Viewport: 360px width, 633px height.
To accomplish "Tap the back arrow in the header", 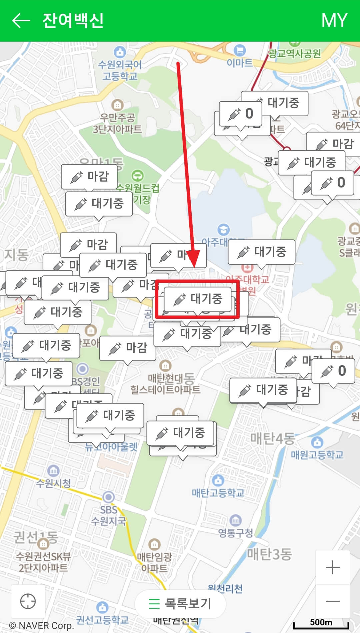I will (21, 21).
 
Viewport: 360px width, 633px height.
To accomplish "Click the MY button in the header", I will (334, 21).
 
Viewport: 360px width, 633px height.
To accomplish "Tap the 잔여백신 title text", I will (73, 21).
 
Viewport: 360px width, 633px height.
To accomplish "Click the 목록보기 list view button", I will (180, 603).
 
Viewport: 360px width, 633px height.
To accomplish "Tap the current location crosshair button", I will (28, 601).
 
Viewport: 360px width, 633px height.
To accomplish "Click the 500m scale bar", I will (321, 623).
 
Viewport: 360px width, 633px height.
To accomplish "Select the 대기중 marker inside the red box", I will (198, 299).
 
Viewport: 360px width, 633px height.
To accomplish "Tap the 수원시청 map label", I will (53, 483).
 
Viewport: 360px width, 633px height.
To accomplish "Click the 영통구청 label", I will (236, 533).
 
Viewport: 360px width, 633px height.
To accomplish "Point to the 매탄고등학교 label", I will (218, 493).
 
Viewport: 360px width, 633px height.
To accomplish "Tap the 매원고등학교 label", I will (317, 454).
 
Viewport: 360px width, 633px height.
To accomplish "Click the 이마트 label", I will (240, 62).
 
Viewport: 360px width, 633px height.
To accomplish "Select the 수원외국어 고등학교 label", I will (120, 70).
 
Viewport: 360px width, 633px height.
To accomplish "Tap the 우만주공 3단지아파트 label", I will (117, 123).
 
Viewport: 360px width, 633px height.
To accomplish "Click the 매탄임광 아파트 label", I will (154, 562).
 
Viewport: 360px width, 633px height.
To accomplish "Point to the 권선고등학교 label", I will (102, 620).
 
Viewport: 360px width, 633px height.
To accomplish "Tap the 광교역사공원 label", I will (295, 53).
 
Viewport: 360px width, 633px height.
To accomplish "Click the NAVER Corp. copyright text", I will (41, 626).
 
